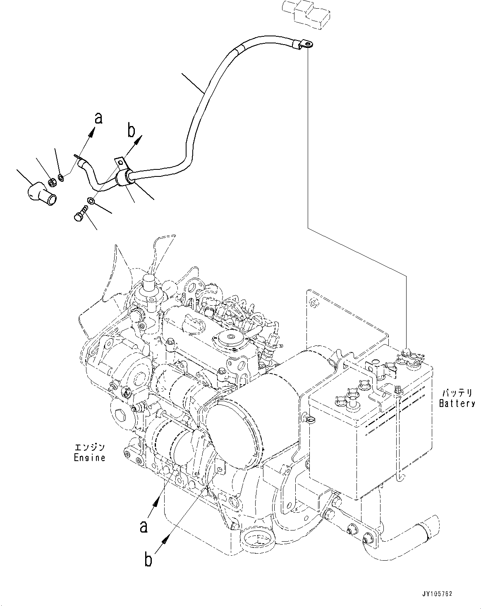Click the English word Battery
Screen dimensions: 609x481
(x=457, y=404)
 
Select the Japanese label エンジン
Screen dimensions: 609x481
(x=89, y=448)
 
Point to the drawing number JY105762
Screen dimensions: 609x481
(x=438, y=594)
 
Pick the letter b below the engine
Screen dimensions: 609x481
(x=148, y=560)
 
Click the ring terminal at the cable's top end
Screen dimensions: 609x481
(x=305, y=42)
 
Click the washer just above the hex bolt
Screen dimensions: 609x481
(x=91, y=201)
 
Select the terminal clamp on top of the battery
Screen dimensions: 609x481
(x=405, y=355)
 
